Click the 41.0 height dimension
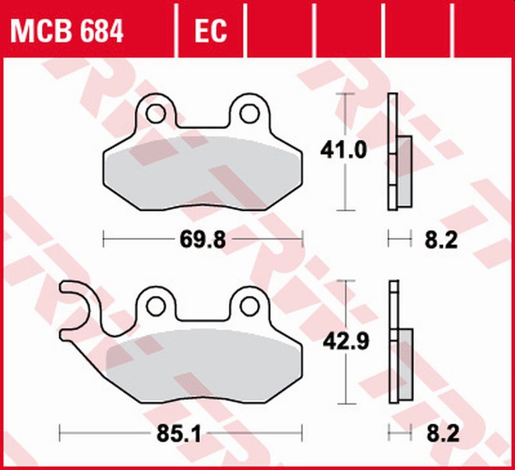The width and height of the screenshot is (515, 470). click(x=344, y=151)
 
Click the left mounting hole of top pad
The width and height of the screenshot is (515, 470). click(x=156, y=113)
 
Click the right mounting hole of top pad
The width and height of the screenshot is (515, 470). click(x=249, y=113)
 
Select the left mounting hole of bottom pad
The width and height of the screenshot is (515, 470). click(x=155, y=305)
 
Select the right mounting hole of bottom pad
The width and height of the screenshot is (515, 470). click(x=250, y=305)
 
